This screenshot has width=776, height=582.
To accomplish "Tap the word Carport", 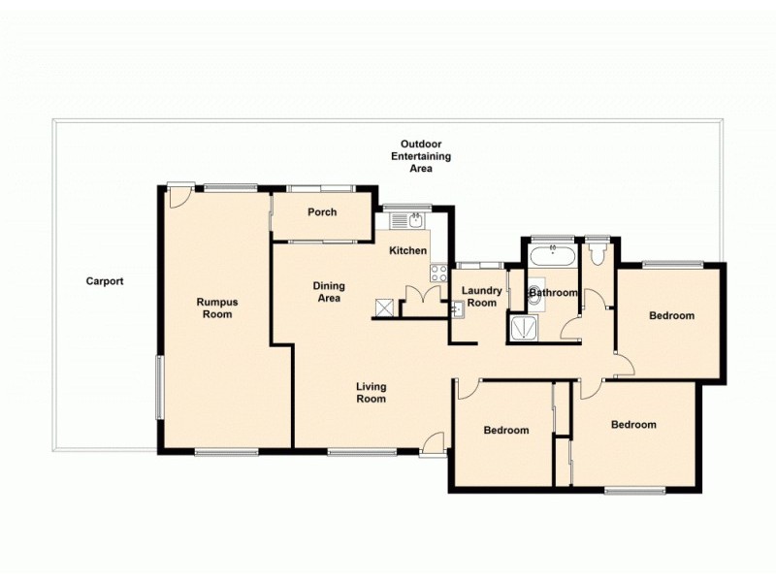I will pos(105,281).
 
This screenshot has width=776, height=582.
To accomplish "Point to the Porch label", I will pos(321,212).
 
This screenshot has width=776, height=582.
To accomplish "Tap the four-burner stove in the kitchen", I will pos(438,273).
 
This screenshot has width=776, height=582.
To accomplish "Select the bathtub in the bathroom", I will pos(552,256).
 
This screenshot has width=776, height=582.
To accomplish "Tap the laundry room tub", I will pos(456,309).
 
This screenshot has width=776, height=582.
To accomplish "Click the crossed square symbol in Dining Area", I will pos(385,307).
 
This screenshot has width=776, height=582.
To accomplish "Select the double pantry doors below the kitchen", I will pos(418,298).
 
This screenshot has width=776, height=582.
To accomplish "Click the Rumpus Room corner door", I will pos(177,197).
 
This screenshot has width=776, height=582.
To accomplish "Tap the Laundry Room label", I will pos(481,296).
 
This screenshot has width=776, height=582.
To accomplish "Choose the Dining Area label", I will pos(328,292).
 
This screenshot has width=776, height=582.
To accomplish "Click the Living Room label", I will pos(371,392).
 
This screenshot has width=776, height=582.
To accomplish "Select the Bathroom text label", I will pos(554,293).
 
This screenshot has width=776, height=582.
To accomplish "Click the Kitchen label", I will pos(407,251).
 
